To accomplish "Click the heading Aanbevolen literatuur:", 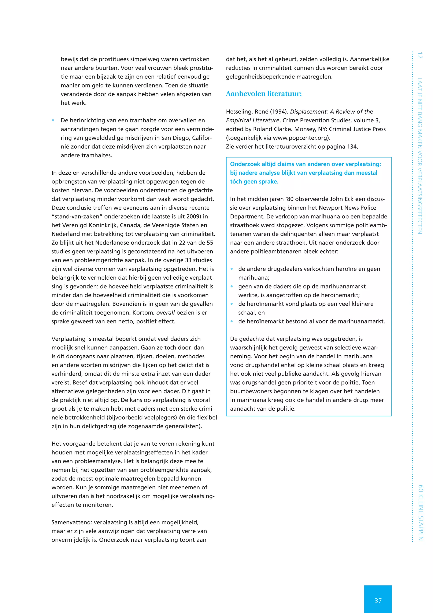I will [263, 94].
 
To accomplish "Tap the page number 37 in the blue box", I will [378, 601].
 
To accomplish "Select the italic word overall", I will [165, 313].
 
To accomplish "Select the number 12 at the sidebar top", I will [420, 55].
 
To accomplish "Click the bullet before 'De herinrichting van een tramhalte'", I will [53, 120].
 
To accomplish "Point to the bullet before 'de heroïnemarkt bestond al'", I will [232, 322].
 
